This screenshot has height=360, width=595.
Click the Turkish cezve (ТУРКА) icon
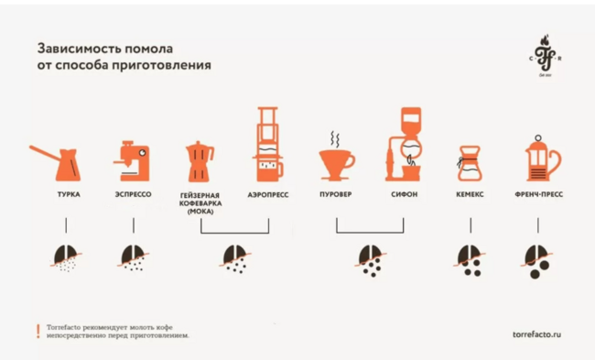click(x=68, y=166)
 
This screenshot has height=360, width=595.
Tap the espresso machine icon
click(x=134, y=161)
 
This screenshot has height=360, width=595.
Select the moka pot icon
click(x=199, y=162)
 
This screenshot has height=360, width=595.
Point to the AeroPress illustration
click(x=268, y=145)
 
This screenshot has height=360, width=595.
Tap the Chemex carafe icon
click(x=470, y=163)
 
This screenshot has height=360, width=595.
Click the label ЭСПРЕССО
click(x=134, y=194)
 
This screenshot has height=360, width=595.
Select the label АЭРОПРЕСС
click(x=268, y=195)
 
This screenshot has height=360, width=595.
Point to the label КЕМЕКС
click(x=470, y=194)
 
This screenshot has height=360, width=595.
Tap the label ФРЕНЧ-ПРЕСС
click(x=539, y=194)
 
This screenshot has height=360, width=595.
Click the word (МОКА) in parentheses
click(x=200, y=212)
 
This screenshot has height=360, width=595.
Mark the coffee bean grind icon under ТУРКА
click(x=66, y=258)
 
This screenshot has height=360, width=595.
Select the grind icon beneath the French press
click(x=536, y=262)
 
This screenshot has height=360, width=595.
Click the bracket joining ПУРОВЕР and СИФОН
click(x=370, y=232)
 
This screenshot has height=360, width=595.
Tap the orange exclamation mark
click(x=38, y=331)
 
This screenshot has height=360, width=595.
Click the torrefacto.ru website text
click(x=536, y=334)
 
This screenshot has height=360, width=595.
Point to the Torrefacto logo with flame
click(x=546, y=55)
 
